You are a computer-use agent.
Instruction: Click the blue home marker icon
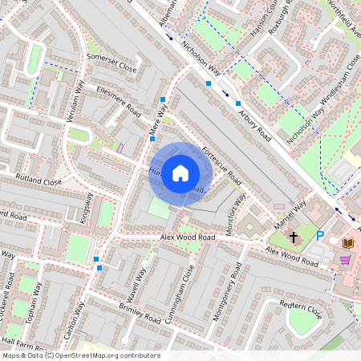180,173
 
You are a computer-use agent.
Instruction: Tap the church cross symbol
294,237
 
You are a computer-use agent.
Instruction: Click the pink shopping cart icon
345,260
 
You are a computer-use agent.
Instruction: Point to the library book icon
347,242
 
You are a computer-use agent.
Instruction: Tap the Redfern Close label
299,307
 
